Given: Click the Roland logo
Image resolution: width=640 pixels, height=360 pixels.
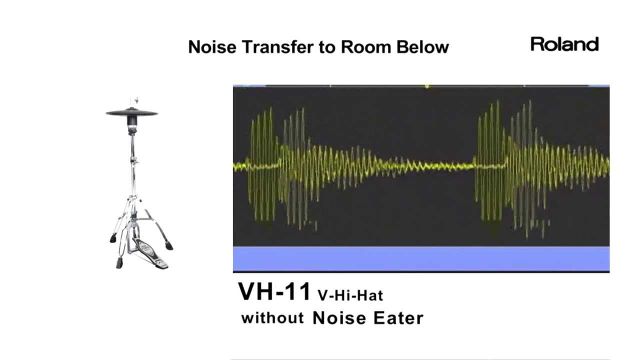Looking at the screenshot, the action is coord(564,44).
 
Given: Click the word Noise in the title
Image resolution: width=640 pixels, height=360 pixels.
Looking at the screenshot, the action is coord(212,47).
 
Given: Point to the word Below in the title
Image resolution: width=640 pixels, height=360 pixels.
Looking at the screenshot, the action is coord(422,47).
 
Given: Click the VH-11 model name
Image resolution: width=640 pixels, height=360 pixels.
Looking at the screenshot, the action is coord(274,291).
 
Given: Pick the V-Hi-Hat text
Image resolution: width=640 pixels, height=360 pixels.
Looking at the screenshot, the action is coord(350,295).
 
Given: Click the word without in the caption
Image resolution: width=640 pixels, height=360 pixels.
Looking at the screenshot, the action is coord(272,317).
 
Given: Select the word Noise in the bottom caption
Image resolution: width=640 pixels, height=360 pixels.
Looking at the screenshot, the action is coord(339,318).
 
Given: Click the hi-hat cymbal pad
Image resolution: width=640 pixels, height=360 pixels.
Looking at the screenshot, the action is coord(131,112).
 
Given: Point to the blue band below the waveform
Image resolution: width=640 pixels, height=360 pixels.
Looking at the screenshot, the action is coord(421,258).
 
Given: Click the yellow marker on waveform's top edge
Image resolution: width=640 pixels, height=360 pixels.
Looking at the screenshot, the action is coord(427,86).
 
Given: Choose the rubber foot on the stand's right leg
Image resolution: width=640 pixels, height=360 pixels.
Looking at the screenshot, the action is coord(169,245).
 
